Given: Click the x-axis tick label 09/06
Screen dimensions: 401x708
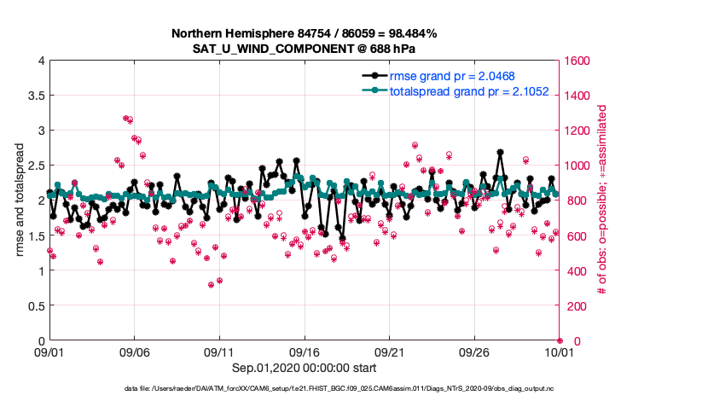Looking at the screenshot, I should click(x=134, y=351).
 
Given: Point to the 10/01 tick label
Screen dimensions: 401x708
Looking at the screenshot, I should click(x=559, y=351).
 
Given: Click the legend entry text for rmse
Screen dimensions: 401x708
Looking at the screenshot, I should click(x=452, y=76).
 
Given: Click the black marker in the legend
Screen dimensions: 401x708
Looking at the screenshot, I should click(x=373, y=76).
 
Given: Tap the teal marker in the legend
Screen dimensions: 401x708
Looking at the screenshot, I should click(x=373, y=91).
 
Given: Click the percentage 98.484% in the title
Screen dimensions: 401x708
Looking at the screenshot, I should click(x=409, y=33).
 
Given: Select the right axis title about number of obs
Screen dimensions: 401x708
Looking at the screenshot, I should click(x=602, y=200).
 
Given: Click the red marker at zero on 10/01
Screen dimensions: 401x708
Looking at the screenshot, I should click(x=560, y=340).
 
